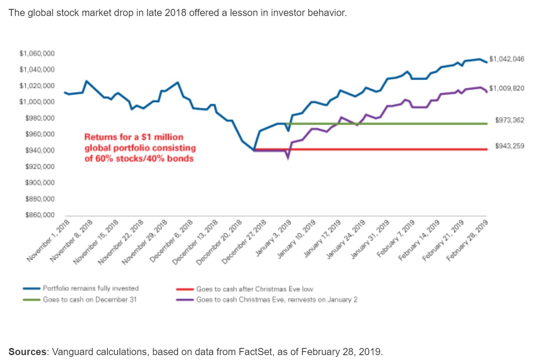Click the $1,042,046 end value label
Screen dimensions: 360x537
[507, 59]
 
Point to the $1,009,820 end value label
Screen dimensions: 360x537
[507, 88]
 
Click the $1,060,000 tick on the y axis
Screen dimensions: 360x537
[37, 54]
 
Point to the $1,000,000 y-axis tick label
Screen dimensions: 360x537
[37, 102]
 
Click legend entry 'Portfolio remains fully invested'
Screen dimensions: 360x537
[91, 288]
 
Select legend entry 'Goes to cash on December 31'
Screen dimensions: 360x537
[89, 300]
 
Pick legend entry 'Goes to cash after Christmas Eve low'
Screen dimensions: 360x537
[255, 289]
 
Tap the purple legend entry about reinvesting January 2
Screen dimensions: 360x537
[277, 300]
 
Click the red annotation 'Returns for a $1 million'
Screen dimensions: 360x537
[134, 137]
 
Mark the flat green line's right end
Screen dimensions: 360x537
[487, 124]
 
